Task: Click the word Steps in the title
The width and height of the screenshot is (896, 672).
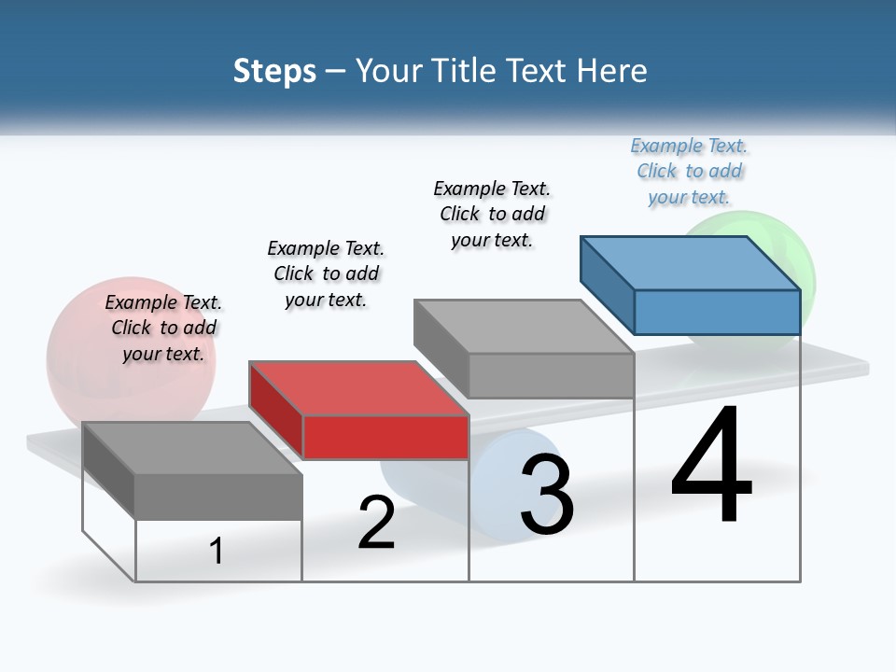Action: [x=274, y=71]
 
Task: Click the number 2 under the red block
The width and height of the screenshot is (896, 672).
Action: [x=376, y=523]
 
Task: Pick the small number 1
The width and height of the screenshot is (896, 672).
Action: [x=217, y=551]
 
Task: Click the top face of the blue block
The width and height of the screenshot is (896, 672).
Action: [x=689, y=262]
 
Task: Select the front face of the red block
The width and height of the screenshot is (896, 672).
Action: [x=385, y=437]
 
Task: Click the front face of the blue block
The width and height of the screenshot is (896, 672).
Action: [x=717, y=312]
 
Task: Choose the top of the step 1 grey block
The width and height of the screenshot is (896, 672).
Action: [x=191, y=447]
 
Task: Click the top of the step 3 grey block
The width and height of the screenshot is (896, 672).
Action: [x=523, y=326]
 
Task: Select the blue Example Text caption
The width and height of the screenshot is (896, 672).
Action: [x=689, y=171]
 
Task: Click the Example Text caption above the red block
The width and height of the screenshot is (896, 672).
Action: [x=326, y=273]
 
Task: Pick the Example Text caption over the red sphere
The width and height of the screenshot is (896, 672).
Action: [x=163, y=328]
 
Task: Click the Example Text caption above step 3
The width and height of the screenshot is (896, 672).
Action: [x=492, y=214]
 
